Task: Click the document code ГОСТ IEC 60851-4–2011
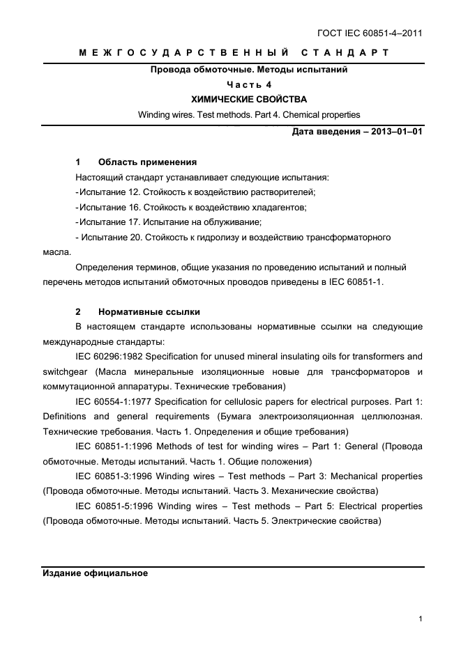click(x=370, y=33)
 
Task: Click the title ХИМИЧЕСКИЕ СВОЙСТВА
click(x=249, y=100)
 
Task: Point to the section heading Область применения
click(x=147, y=162)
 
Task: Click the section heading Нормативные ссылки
click(x=149, y=311)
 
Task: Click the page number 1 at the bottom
click(x=420, y=618)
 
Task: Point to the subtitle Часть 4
click(x=249, y=84)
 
